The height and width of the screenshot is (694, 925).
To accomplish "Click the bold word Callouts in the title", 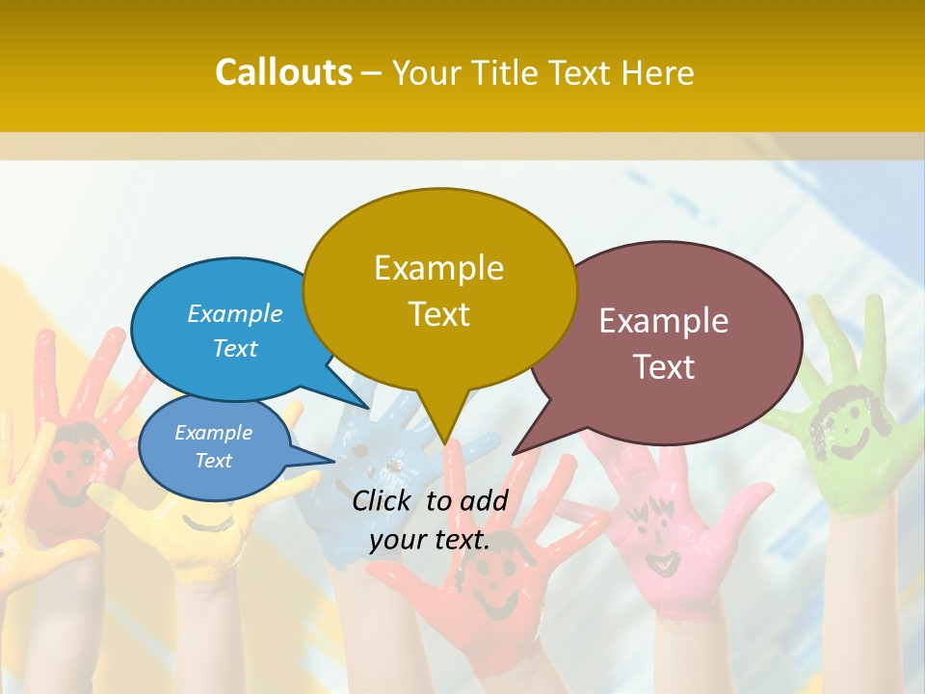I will click(283, 72).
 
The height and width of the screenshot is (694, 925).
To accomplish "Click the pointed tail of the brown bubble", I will click(516, 451).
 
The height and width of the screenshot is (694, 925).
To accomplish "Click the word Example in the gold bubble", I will click(438, 268).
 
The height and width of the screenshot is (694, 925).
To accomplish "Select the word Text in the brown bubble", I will click(664, 367).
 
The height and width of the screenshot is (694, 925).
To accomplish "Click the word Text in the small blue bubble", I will click(214, 461).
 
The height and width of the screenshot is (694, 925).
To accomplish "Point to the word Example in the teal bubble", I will click(235, 313).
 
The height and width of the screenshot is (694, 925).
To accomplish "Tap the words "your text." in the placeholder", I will click(430, 540).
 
